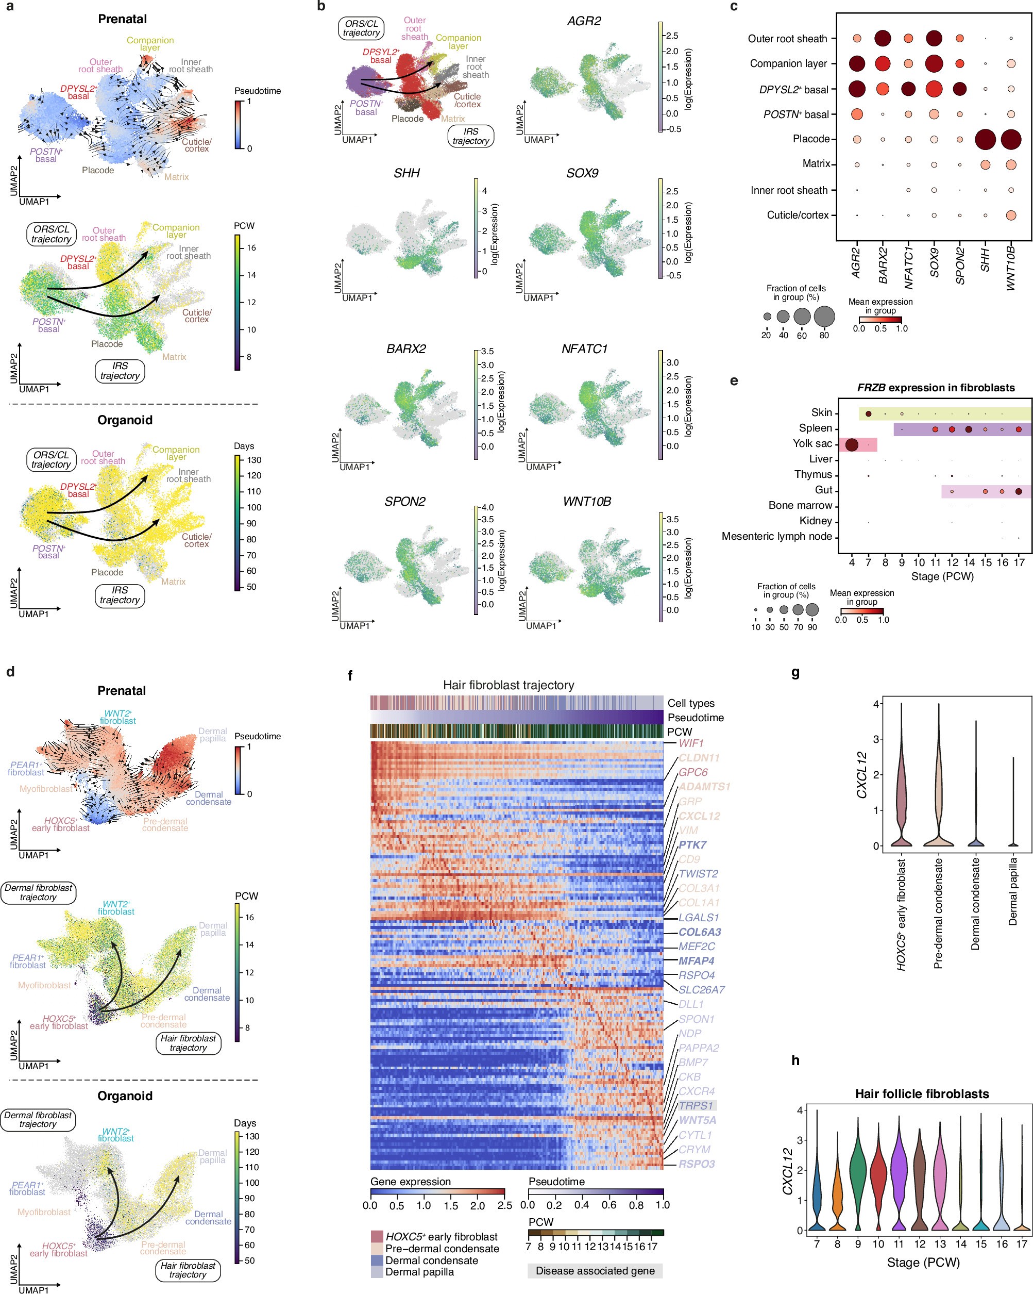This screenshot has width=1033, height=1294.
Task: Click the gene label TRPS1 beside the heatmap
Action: point(696,1105)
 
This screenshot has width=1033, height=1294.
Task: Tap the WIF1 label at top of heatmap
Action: point(690,743)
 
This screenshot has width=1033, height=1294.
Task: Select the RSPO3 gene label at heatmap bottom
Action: point(697,1164)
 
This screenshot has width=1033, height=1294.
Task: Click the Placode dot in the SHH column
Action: point(985,139)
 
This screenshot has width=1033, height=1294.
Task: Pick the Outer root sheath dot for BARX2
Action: point(883,39)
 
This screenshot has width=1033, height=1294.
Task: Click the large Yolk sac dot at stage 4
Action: point(851,445)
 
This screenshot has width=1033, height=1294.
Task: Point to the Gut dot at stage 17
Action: point(1019,491)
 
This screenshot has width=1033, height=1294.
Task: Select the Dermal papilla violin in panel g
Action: point(1013,828)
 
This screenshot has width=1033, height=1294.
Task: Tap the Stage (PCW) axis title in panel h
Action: point(923,1262)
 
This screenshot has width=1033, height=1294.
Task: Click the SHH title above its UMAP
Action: point(407,173)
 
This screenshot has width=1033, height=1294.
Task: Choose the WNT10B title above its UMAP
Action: point(587,502)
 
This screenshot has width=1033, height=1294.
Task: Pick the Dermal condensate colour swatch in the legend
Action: point(376,1260)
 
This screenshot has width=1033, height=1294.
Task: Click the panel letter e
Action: point(734,381)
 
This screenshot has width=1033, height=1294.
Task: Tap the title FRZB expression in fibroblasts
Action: point(935,388)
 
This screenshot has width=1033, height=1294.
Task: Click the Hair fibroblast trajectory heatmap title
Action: point(508,685)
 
